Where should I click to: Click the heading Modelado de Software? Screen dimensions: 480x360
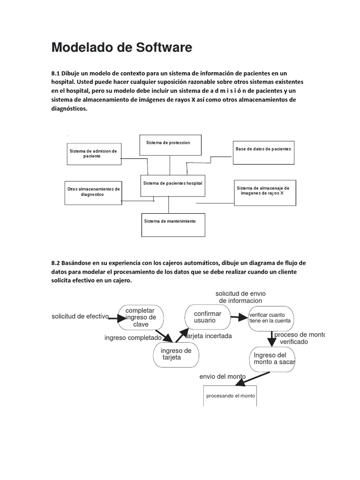pyautogui.click(x=121, y=47)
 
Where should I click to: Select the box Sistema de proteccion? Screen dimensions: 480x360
pyautogui.click(x=170, y=144)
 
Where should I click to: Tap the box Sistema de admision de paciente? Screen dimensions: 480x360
pyautogui.click(x=93, y=154)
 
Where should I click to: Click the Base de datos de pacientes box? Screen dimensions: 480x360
pyautogui.click(x=264, y=152)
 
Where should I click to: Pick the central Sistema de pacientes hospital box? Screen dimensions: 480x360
pyautogui.click(x=172, y=185)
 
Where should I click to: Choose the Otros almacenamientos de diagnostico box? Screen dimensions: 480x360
pyautogui.click(x=93, y=192)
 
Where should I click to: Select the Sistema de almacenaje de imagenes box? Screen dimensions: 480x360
pyautogui.click(x=265, y=192)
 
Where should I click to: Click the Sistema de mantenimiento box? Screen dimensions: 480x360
pyautogui.click(x=173, y=225)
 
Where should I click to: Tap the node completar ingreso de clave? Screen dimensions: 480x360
pyautogui.click(x=141, y=317)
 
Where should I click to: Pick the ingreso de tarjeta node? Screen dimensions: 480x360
pyautogui.click(x=176, y=354)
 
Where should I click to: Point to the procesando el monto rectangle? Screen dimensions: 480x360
pyautogui.click(x=230, y=396)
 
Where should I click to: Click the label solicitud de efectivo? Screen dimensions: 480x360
pyautogui.click(x=80, y=316)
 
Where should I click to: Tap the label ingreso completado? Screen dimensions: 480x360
pyautogui.click(x=133, y=337)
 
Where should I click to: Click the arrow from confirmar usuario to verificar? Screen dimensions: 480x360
pyautogui.click(x=239, y=317)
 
